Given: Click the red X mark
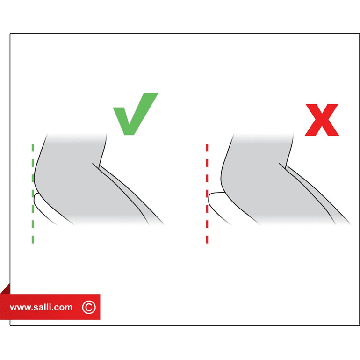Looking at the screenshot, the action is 322,120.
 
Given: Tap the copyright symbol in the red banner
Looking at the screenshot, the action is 89,307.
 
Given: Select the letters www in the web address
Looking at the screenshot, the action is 21,308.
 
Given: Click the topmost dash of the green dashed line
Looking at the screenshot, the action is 33,148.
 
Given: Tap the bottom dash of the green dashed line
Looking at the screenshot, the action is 33,239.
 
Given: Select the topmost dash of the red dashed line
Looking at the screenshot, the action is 207,148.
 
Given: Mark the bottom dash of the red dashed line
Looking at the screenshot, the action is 207,239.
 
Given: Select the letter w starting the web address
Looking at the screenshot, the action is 13,308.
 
